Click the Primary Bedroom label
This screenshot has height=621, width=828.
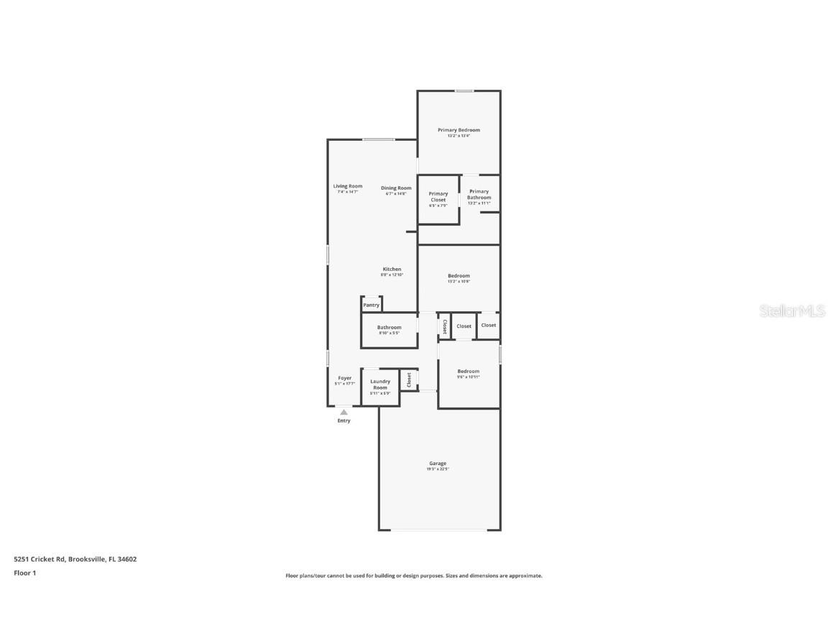pos(459,130)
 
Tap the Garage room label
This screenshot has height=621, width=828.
pos(438,464)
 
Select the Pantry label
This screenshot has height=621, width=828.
pos(371,305)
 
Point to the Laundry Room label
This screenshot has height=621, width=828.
pos(380,385)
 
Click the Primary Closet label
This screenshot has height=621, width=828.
pos(438,196)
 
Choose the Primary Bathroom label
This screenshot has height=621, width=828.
pos(479,194)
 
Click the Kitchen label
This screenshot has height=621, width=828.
pos(392,270)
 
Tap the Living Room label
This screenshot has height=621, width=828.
pos(347,186)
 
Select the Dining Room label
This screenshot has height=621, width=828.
pos(396,188)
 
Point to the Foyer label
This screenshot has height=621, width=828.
pos(345,378)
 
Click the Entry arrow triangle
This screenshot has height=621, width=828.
pos(344,412)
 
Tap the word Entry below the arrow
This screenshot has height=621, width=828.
pos(344,420)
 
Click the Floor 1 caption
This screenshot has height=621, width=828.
pos(24,573)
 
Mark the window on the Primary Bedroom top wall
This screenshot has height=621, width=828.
pos(464,91)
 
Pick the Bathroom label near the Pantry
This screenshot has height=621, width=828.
pos(389,328)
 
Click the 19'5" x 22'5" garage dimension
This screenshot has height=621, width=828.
pos(438,469)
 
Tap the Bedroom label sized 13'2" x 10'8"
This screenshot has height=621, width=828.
pos(459,276)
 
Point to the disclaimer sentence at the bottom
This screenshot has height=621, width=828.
pos(414,576)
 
